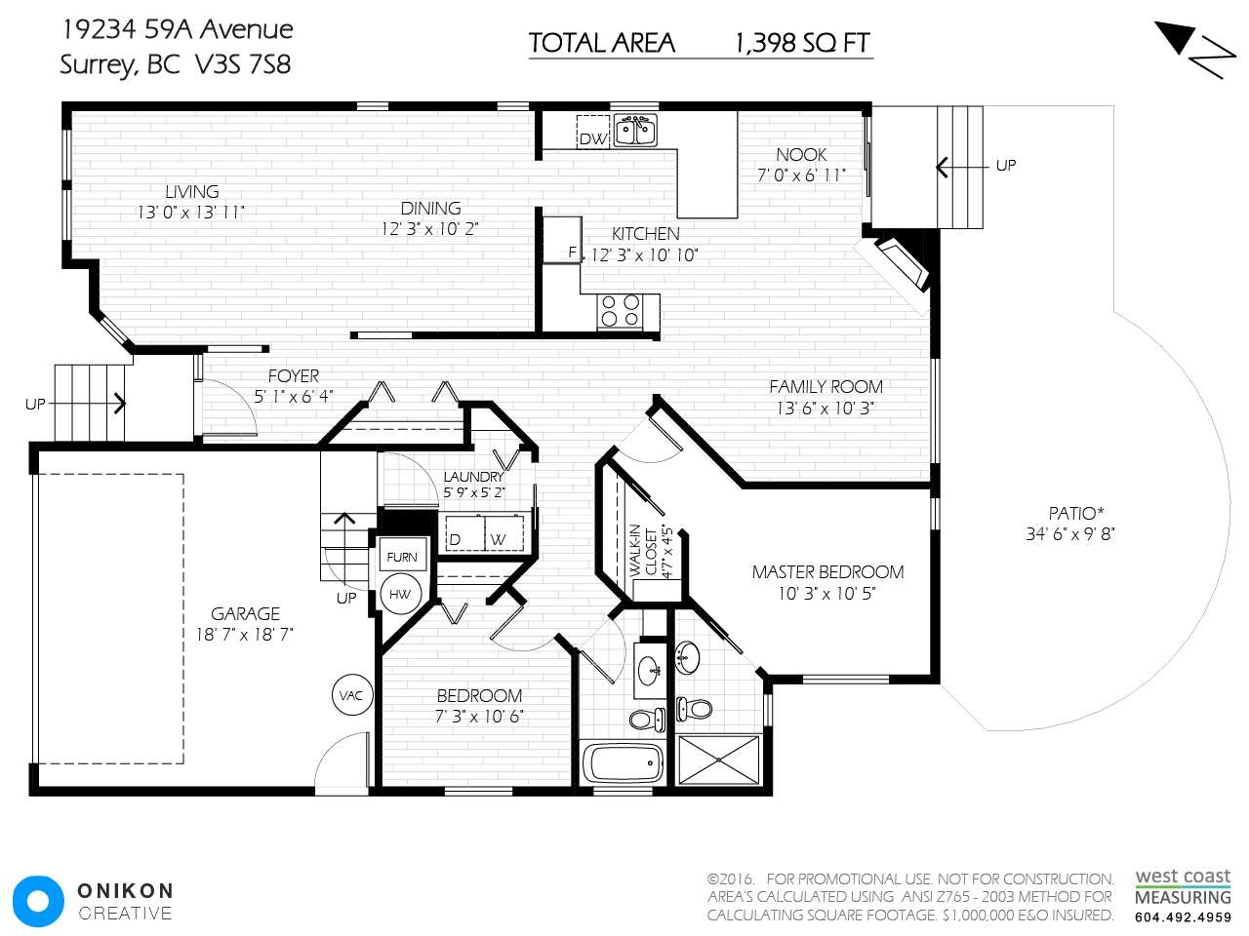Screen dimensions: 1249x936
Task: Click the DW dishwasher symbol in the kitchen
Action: pyautogui.click(x=593, y=132)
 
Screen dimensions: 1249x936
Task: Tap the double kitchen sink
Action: pyautogui.click(x=635, y=130)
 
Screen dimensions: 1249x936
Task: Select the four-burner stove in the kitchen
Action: pyautogui.click(x=621, y=311)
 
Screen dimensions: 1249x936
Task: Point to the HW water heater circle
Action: pyautogui.click(x=400, y=595)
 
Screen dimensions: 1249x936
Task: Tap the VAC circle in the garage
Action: pyautogui.click(x=351, y=694)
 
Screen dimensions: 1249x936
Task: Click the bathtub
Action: pyautogui.click(x=624, y=763)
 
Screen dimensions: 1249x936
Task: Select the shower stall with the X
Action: pyautogui.click(x=719, y=760)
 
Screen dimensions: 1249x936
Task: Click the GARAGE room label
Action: pyautogui.click(x=245, y=614)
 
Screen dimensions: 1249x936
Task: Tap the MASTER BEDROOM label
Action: pyautogui.click(x=827, y=571)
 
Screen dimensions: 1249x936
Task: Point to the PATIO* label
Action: pyautogui.click(x=1076, y=513)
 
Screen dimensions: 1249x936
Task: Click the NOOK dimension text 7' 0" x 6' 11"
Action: pyautogui.click(x=801, y=175)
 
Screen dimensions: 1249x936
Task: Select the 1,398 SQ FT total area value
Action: pyautogui.click(x=802, y=43)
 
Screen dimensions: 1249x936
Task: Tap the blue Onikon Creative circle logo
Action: pyautogui.click(x=38, y=901)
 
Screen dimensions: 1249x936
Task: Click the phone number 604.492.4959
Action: pyautogui.click(x=1183, y=917)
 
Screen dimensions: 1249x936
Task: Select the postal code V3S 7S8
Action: pyautogui.click(x=243, y=64)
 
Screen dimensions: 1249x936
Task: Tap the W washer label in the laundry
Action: pyautogui.click(x=498, y=539)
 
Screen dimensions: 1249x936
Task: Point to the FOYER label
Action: pyautogui.click(x=294, y=375)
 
